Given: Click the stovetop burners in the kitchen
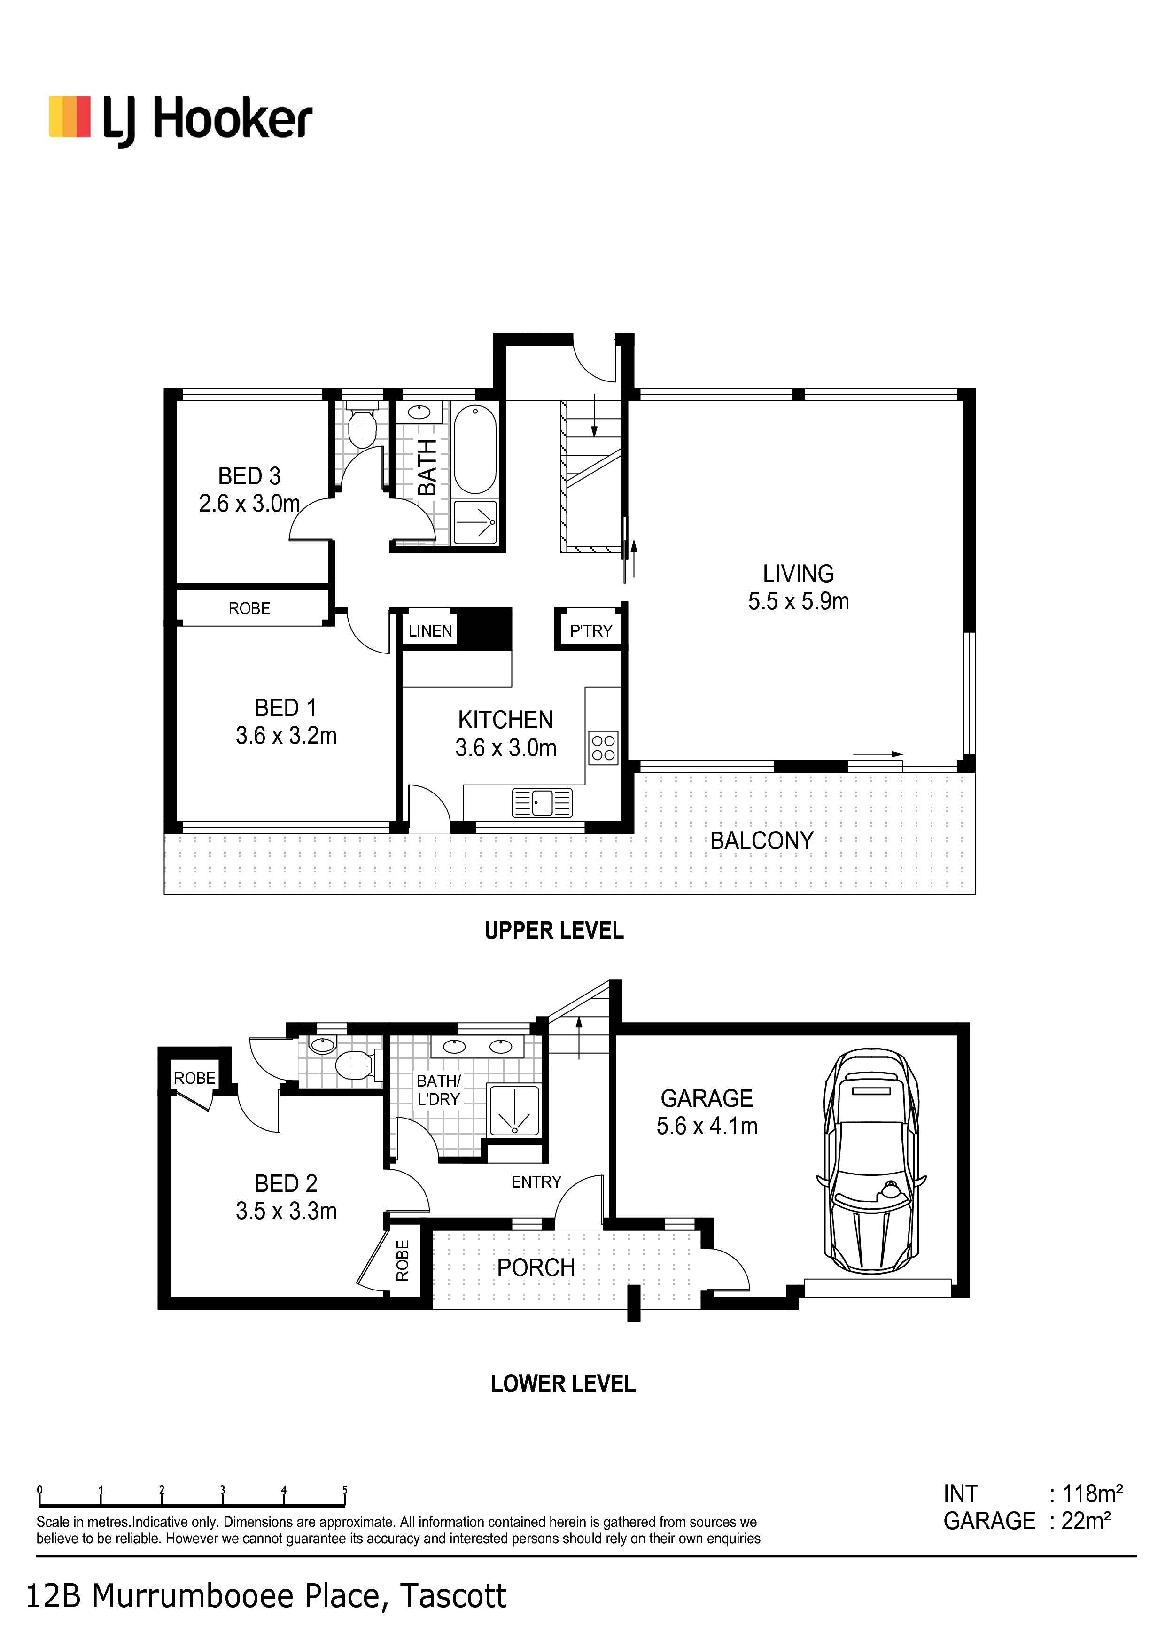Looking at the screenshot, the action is click(604, 747).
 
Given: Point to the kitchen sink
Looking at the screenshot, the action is click(543, 802).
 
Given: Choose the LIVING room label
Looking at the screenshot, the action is click(798, 574).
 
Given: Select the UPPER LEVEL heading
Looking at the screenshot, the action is click(554, 931).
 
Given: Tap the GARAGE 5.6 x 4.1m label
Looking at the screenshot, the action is click(707, 1112).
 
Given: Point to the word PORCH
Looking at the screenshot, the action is click(536, 1268).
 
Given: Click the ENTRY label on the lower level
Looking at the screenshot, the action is click(536, 1182).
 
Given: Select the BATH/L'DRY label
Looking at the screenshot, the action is click(439, 1089).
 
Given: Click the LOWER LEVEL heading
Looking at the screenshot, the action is click(564, 1384).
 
